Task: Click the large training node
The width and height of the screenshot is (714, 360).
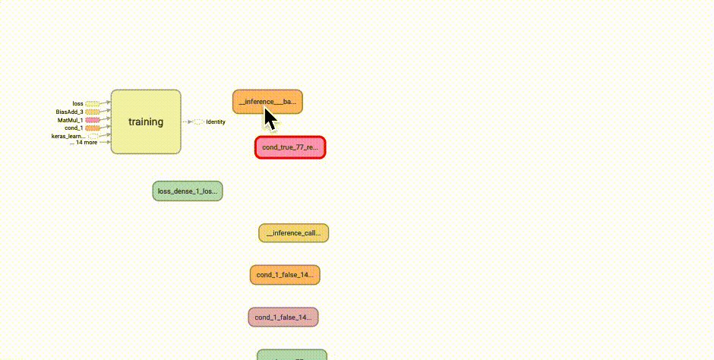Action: [146, 122]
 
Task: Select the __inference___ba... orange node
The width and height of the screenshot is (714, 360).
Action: [267, 101]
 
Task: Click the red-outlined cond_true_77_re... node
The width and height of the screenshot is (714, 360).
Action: [290, 147]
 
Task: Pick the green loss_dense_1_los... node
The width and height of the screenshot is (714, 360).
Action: [188, 191]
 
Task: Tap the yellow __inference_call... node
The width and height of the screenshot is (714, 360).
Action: [293, 233]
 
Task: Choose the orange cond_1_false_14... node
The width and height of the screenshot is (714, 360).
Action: [285, 275]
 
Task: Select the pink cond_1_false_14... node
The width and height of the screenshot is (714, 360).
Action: [283, 317]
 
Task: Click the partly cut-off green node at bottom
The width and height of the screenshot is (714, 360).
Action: [292, 355]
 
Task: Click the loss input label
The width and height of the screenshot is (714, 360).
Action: [77, 103]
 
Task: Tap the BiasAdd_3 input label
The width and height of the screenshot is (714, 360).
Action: [69, 112]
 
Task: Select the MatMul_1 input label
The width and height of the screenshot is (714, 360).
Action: [70, 120]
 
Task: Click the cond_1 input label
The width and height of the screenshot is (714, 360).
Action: [74, 128]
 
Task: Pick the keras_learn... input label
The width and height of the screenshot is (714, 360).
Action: [68, 136]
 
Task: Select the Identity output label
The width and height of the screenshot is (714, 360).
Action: [216, 122]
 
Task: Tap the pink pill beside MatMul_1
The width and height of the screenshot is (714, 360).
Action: [92, 120]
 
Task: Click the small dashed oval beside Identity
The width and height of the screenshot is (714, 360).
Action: [198, 122]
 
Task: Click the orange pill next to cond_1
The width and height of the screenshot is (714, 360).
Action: [92, 128]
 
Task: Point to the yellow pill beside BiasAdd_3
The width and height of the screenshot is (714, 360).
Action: [92, 112]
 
